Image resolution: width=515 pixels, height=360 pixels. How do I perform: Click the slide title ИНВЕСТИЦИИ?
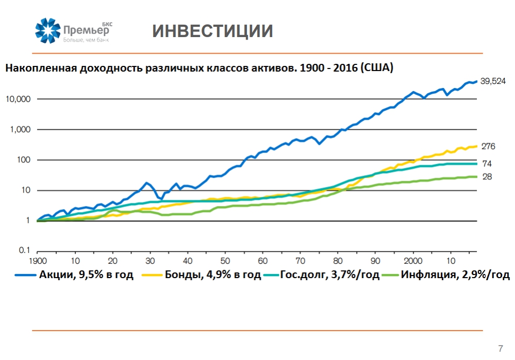coord(212,31)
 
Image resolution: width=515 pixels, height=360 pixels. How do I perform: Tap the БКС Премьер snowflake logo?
coord(48,30)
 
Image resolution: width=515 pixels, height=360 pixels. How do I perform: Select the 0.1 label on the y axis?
coord(25,251)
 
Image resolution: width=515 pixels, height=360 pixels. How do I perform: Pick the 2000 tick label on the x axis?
coord(413,261)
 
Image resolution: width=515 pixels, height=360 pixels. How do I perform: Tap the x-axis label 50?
coord(225,261)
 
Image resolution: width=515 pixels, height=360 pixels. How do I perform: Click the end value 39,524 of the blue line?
coord(493,81)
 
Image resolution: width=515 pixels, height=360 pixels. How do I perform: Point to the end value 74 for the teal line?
coord(486,164)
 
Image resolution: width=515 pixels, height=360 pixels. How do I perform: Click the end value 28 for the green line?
coord(486,177)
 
